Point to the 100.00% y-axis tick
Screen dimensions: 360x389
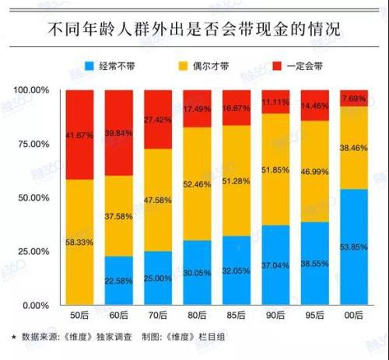click(x=31, y=90)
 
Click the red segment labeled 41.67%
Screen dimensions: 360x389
click(x=81, y=134)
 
